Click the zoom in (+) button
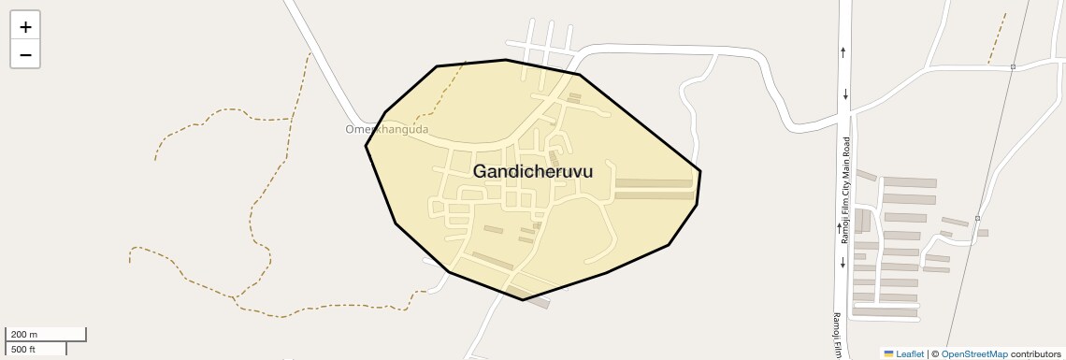coord(25,26)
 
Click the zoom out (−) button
coord(25,54)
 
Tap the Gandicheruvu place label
coord(532,172)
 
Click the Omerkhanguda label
coord(386,130)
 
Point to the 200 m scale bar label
coord(24,335)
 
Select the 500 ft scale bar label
coord(24,350)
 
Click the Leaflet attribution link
coord(909,354)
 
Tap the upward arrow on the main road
coord(843,52)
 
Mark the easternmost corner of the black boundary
coord(700,170)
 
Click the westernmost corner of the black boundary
coord(366,146)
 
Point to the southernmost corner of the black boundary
coord(522,300)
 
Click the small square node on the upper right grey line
coord(1013,67)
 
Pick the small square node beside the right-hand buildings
coord(977,219)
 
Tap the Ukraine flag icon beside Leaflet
coord(888,354)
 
